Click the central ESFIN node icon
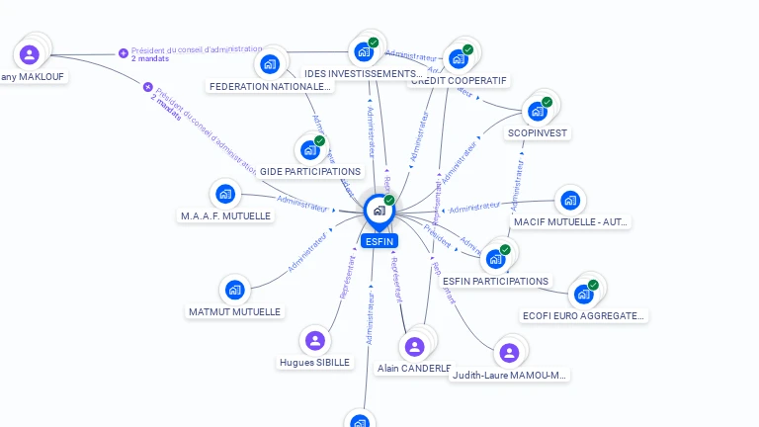coord(379,210)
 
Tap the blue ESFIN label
coord(379,241)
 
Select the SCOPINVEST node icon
coord(537,111)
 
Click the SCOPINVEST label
coord(539,132)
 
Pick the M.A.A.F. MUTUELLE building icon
coord(225,194)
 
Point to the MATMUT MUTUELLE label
coord(234,311)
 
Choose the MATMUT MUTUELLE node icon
coord(234,290)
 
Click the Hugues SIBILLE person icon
coord(315,341)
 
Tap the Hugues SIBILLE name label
coord(315,363)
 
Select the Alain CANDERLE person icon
coord(414,346)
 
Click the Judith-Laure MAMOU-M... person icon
coord(509,353)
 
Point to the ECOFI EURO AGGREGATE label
coord(583,316)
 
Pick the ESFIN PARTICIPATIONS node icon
coord(495,259)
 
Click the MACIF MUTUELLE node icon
coord(569,201)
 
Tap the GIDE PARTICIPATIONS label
coord(310,172)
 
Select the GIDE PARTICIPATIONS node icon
coord(310,150)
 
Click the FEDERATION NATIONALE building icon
coord(270,65)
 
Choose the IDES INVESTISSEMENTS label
coord(363,74)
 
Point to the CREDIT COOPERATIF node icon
coord(458,58)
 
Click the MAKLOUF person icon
coord(30,54)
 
